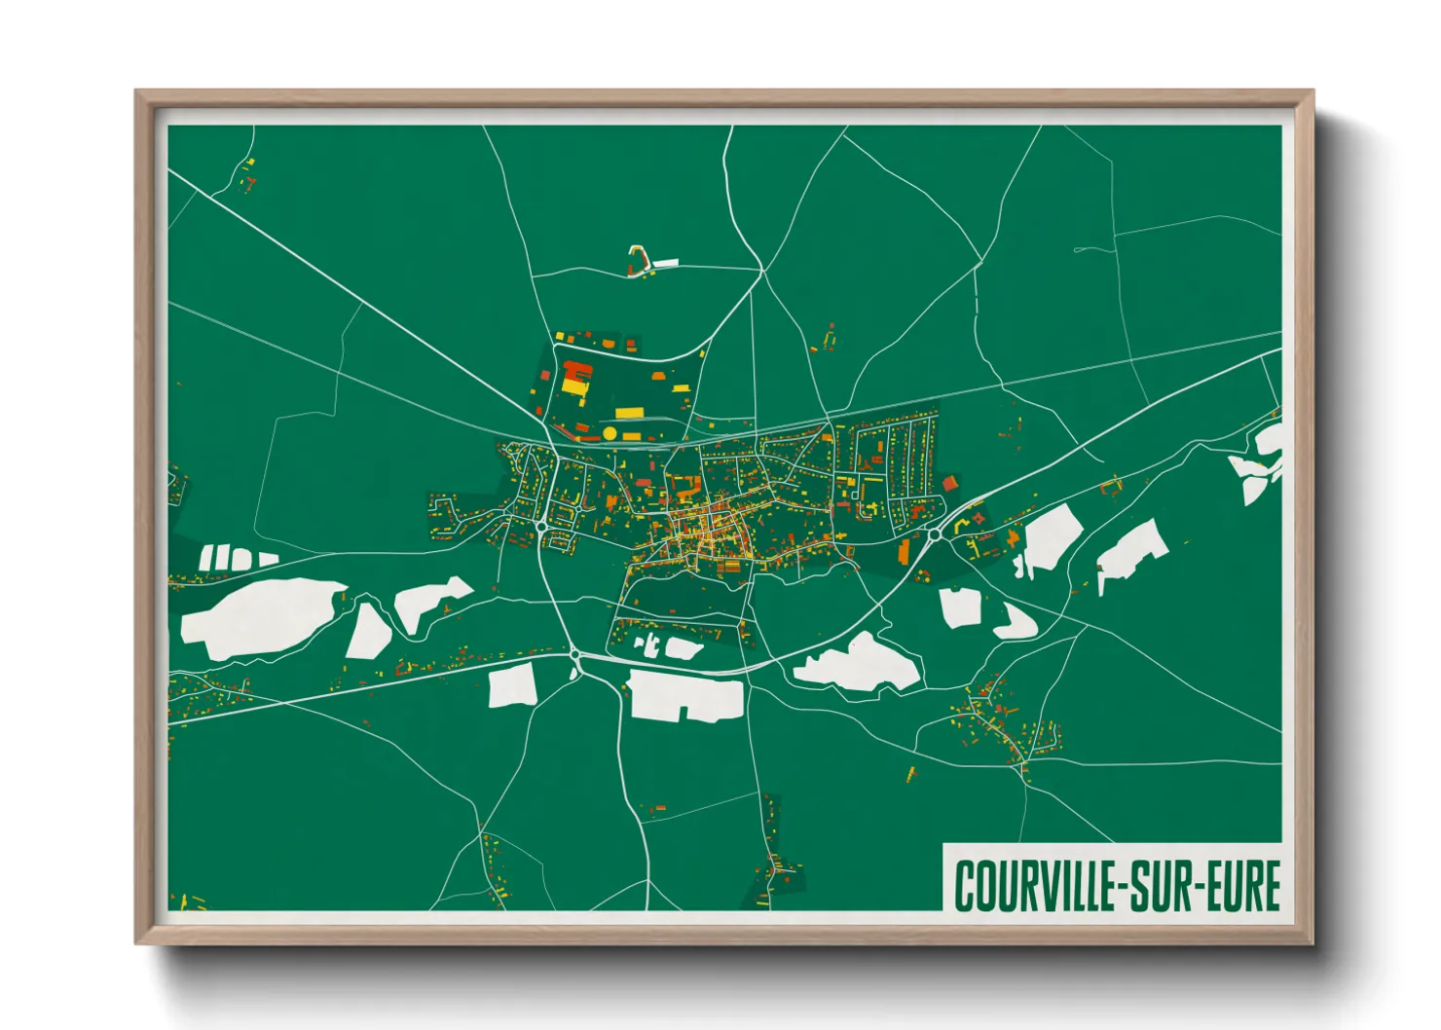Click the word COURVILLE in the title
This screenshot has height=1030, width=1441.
click(1034, 886)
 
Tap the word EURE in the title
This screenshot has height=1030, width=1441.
click(1243, 886)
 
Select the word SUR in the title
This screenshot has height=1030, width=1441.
click(1159, 886)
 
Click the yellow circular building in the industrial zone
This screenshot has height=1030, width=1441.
click(610, 432)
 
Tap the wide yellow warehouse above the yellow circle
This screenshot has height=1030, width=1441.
click(629, 413)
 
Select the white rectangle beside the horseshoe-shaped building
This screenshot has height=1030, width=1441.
click(665, 262)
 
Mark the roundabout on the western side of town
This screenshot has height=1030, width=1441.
click(541, 526)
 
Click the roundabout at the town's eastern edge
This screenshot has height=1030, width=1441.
click(935, 533)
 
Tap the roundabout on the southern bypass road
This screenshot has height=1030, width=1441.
click(574, 655)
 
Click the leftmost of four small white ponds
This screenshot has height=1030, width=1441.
click(206, 558)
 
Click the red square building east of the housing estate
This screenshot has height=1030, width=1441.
click(949, 483)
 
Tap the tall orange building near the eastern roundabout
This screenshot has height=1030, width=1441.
click(903, 552)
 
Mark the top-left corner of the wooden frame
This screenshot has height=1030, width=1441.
click(136, 92)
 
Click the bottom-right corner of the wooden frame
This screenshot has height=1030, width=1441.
click(1312, 943)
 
